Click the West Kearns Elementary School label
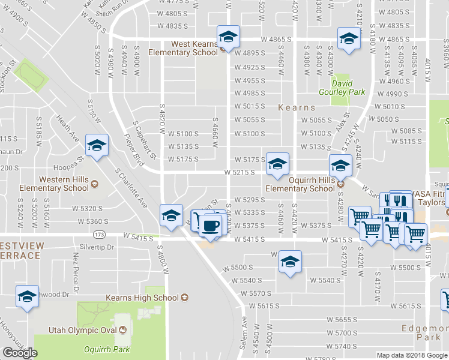[x=194, y=48]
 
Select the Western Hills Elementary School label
[x=63, y=184]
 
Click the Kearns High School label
[x=142, y=298]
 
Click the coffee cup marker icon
[x=210, y=227]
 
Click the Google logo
[x=20, y=353]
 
